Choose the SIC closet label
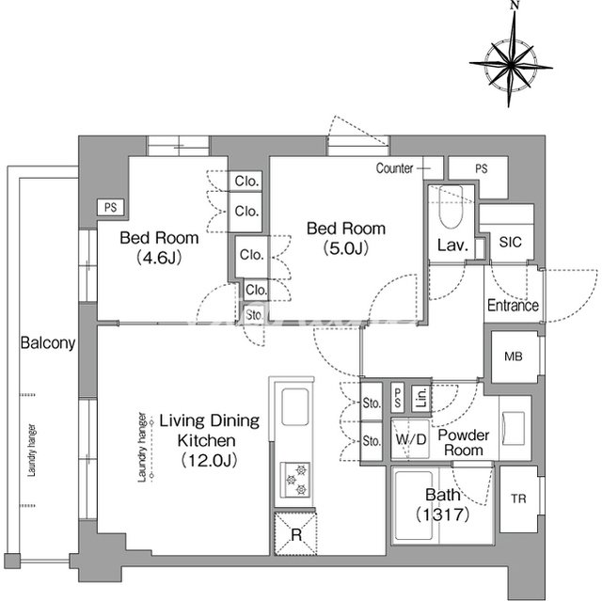tap(510, 243)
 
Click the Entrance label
tap(513, 306)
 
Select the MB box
tap(513, 356)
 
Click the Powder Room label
tap(461, 442)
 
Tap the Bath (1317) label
tap(440, 505)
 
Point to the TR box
tap(518, 498)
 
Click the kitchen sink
tap(293, 408)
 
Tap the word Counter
tap(394, 169)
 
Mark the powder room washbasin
tap(514, 428)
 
